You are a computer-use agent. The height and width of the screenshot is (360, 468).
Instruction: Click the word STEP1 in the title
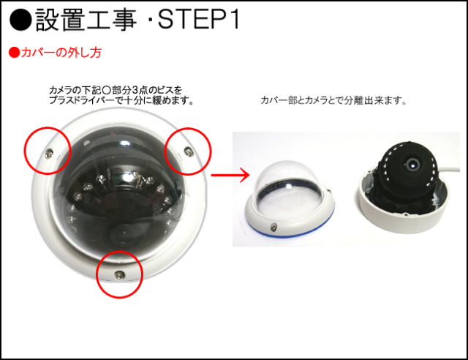click(198, 20)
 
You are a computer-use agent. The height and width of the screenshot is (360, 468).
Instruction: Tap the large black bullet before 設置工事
click(20, 20)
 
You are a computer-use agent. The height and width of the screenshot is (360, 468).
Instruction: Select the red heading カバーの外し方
click(61, 53)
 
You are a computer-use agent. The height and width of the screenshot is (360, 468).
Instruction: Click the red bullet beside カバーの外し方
click(14, 53)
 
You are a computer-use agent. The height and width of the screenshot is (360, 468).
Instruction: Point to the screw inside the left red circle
click(49, 154)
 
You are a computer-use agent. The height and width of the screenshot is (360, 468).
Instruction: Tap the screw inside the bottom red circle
click(120, 274)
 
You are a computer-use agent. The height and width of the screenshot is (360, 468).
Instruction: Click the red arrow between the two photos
click(230, 175)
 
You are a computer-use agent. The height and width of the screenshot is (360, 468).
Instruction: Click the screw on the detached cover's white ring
click(273, 228)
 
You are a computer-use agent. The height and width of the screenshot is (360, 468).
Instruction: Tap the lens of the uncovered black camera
click(412, 163)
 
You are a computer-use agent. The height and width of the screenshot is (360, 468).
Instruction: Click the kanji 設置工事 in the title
click(86, 20)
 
